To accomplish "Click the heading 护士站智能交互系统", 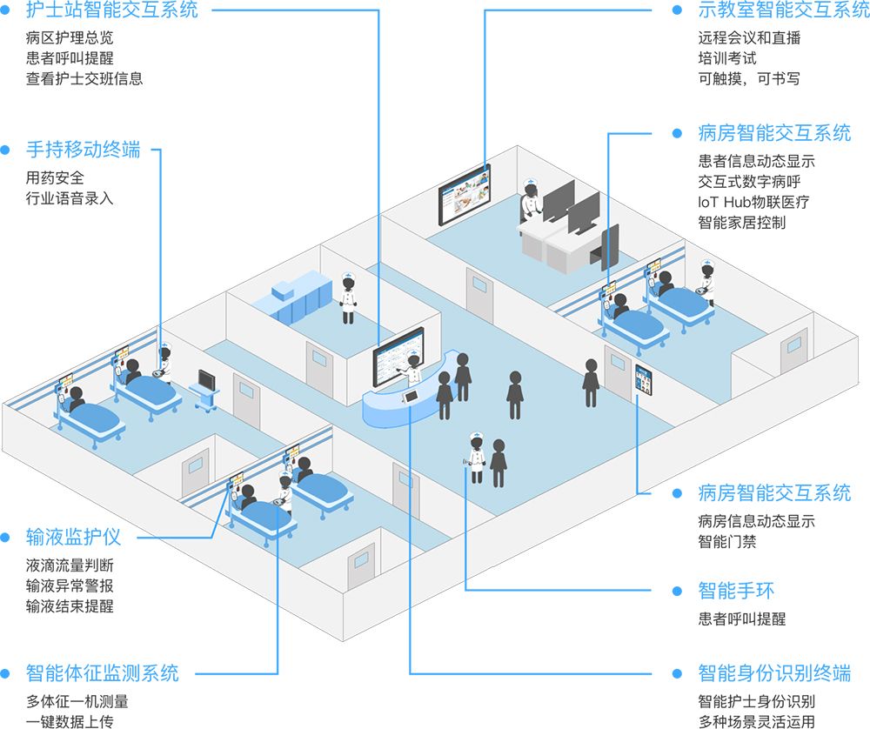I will (112, 11).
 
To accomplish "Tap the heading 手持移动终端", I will (84, 150).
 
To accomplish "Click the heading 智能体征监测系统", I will (103, 672).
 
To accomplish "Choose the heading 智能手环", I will (736, 592).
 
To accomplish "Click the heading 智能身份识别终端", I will (774, 672).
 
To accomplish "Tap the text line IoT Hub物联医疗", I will (753, 203).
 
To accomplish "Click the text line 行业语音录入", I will (70, 197).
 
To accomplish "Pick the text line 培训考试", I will (727, 58).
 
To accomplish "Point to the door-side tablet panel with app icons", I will (644, 380).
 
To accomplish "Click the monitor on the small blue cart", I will (207, 381).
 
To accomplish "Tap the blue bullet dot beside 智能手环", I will (678, 592).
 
